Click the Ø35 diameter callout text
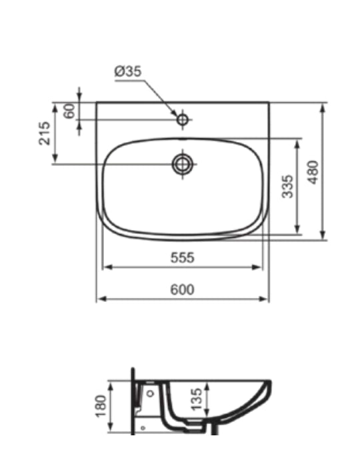[x=128, y=71]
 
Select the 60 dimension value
[x=69, y=111]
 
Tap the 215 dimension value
[x=45, y=133]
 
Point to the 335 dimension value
[x=287, y=187]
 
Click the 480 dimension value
[x=313, y=172]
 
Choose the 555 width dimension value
[x=183, y=257]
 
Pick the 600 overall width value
[x=182, y=289]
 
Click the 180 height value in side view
[x=101, y=406]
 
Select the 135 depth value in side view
[x=197, y=399]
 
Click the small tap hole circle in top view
[x=183, y=119]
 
